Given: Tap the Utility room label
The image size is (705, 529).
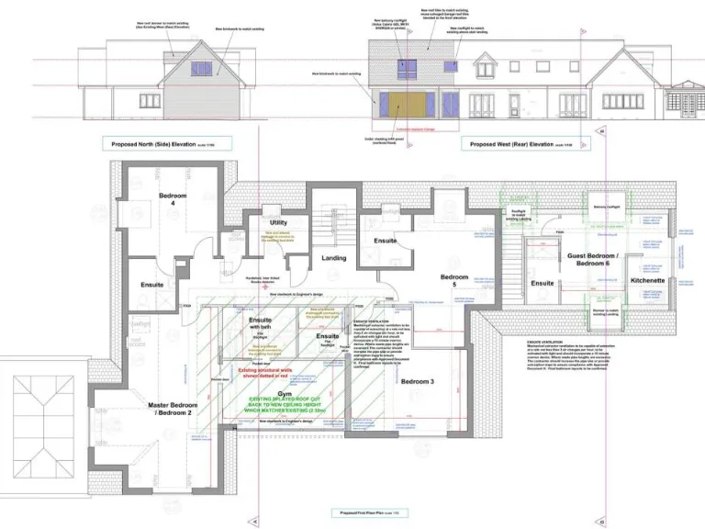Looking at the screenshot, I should pyautogui.click(x=278, y=222).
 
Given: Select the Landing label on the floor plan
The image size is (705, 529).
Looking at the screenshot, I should pyautogui.click(x=333, y=258).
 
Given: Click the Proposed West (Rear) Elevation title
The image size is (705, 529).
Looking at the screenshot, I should pyautogui.click(x=512, y=144).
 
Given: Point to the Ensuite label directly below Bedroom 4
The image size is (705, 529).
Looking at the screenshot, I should pyautogui.click(x=152, y=285).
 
